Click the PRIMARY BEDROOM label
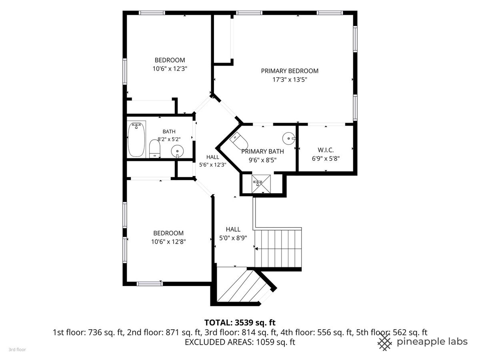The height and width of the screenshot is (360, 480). point(290,71)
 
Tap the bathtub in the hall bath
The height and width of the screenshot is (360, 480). point(136,140)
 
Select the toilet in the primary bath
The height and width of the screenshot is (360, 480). point(238,141)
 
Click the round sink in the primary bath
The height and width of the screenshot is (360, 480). point(289,138)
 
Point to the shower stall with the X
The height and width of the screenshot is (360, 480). point(261,184)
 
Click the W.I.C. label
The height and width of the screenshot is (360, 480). point(326,150)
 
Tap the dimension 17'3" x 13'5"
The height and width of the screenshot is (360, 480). point(290,80)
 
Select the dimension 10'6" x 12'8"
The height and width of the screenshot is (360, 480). point(168,242)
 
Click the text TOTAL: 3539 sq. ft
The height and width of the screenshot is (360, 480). point(240,322)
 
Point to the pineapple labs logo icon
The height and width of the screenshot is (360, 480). point(385,342)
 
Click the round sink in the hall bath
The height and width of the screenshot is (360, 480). point(177,151)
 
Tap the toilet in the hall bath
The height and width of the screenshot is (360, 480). point(155,149)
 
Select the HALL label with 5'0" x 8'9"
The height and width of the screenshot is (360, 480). point(233,229)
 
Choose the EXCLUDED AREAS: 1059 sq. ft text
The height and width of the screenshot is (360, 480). point(240,342)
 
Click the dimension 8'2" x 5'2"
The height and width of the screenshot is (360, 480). point(169,139)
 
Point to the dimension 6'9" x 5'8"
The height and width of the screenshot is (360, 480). point(326,158)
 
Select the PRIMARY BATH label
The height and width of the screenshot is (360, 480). point(262,152)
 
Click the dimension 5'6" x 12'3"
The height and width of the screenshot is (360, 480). point(212,165)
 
